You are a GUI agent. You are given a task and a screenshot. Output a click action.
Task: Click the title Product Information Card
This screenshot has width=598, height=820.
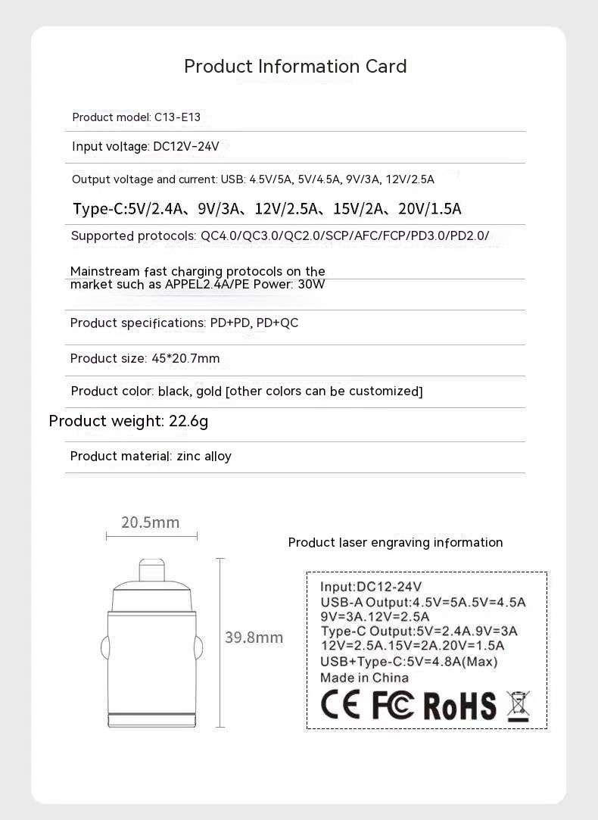[295, 67]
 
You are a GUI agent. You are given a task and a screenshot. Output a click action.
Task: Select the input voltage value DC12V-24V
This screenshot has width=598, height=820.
[186, 147]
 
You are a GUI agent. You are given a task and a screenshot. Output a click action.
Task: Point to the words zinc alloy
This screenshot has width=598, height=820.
[204, 457]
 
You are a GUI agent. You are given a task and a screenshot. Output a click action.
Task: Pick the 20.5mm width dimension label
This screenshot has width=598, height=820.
[151, 522]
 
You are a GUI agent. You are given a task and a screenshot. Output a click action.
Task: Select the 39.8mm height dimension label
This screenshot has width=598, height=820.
[254, 638]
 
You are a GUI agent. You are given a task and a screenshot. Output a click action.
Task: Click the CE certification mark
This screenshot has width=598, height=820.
[341, 705]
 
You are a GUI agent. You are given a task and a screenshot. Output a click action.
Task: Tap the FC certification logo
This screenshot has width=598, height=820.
[393, 705]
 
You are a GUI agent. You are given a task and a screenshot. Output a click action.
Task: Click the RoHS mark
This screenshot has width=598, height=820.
[459, 706]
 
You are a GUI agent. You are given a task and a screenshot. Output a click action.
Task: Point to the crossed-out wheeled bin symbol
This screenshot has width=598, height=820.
[518, 705]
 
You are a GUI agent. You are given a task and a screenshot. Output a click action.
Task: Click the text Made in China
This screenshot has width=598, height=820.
[364, 678]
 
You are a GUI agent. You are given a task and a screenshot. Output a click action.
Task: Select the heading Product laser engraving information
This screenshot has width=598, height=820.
[395, 543]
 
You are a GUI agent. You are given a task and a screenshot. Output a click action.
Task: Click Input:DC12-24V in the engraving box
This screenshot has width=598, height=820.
[371, 587]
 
